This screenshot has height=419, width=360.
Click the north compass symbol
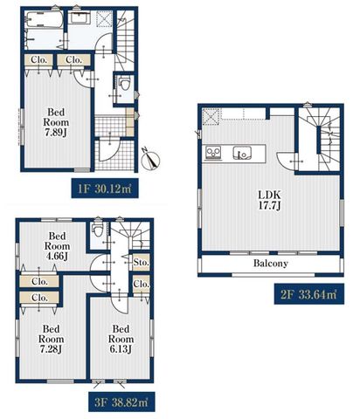[151, 160]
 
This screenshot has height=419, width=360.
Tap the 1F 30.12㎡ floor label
[105, 189]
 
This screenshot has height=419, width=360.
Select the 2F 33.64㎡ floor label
[309, 294]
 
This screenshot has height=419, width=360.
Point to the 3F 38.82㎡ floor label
[121, 402]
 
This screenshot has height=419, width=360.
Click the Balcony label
[271, 264]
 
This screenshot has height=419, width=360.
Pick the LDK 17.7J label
[269, 200]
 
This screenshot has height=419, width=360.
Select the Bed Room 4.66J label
[57, 246]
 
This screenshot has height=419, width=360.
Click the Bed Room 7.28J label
[52, 339]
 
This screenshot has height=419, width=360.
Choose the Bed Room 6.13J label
[121, 339]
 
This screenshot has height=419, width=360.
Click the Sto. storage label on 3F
[142, 262]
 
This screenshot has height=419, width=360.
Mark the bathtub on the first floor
[44, 20]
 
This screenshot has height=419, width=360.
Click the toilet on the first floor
[125, 84]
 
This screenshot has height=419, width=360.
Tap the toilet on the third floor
[97, 230]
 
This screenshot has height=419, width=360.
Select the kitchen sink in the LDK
[242, 153]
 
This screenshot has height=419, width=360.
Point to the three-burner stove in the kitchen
[213, 153]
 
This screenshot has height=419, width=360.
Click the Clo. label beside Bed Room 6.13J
[142, 284]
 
